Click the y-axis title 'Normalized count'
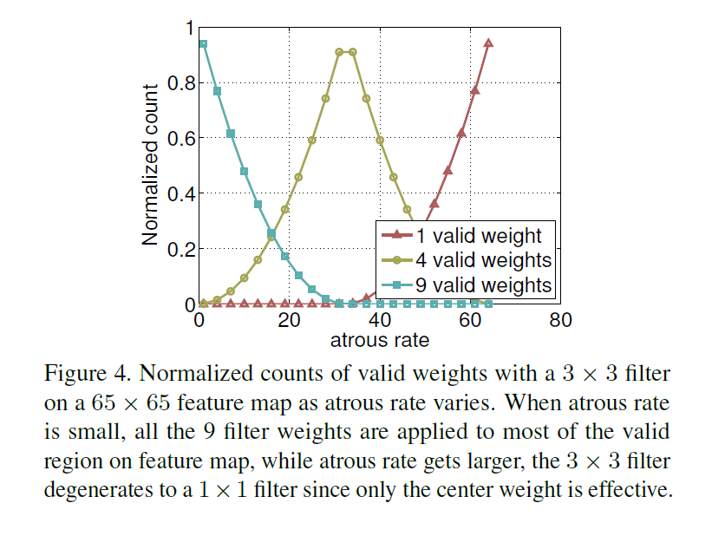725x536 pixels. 150,164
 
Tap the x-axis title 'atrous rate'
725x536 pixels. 379,339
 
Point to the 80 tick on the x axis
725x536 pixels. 560,320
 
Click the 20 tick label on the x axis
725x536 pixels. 289,320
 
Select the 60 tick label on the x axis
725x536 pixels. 470,320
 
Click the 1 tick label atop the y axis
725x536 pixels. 189,29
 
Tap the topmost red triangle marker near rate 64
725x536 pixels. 488,42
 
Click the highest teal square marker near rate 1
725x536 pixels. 203,43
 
